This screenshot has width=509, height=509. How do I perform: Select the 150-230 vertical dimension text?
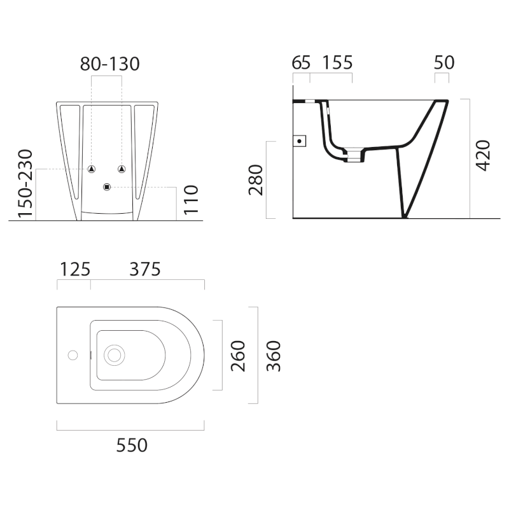[x=25, y=183]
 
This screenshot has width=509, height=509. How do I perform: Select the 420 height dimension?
[x=483, y=155]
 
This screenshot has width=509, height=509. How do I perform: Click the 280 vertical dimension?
[x=256, y=180]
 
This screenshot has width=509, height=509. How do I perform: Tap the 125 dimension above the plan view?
[x=74, y=269]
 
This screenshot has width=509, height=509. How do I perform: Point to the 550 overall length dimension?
[x=131, y=445]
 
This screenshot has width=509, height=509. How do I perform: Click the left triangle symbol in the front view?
[x=92, y=169]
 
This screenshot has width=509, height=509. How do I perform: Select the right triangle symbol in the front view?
[x=122, y=169]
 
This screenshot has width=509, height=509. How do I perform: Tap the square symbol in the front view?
[x=106, y=186]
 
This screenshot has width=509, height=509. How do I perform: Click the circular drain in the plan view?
[x=115, y=355]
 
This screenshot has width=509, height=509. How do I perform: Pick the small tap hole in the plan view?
[x=73, y=355]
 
